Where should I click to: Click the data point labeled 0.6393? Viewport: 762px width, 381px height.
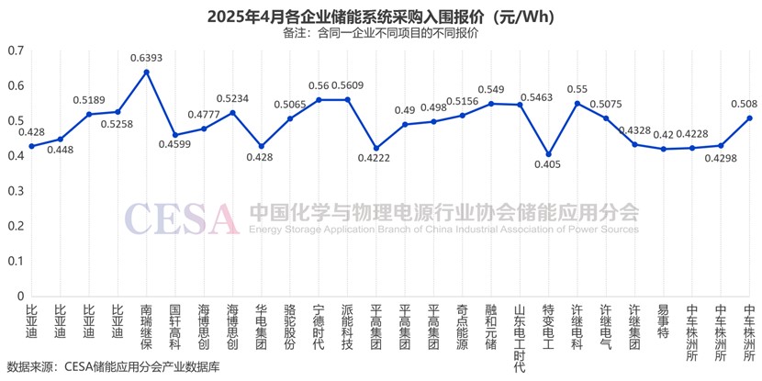click(x=147, y=72)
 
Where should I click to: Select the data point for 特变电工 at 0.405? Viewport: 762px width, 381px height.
click(x=549, y=154)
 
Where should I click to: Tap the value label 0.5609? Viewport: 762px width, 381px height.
click(x=347, y=85)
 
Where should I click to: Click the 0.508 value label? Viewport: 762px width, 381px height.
click(x=743, y=104)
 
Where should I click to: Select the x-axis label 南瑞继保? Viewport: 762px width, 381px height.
click(x=147, y=327)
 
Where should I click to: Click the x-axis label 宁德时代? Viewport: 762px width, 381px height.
click(x=319, y=327)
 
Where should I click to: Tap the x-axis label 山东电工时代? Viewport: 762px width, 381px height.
click(x=520, y=337)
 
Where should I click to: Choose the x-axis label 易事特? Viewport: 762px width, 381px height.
click(x=664, y=321)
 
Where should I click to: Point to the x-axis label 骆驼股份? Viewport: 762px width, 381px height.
click(x=290, y=327)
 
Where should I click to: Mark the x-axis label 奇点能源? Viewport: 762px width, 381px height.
click(x=463, y=327)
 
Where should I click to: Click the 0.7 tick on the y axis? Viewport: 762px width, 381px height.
click(x=16, y=50)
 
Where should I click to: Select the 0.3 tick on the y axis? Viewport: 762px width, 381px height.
click(x=16, y=191)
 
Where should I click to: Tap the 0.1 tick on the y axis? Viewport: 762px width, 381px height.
click(x=16, y=262)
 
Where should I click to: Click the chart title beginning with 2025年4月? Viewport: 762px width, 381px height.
click(x=380, y=17)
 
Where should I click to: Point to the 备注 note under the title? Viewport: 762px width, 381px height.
click(x=380, y=33)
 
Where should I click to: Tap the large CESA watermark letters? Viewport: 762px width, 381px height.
click(x=182, y=218)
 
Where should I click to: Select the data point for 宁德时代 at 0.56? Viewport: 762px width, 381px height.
click(x=319, y=99)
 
